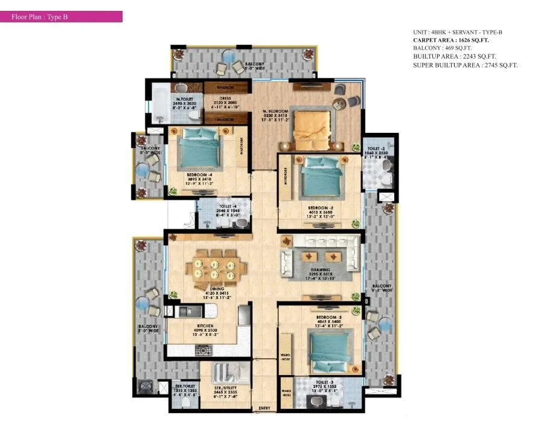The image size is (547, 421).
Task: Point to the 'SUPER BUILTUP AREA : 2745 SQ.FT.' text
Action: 465,65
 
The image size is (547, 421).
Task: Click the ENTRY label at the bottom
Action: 264,409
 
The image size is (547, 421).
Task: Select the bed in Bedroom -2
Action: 320,176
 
